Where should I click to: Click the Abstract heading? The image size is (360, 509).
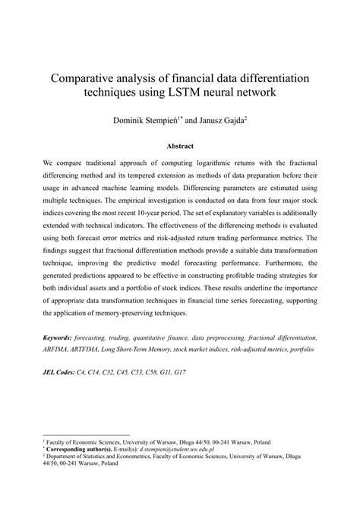tap(180, 146)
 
